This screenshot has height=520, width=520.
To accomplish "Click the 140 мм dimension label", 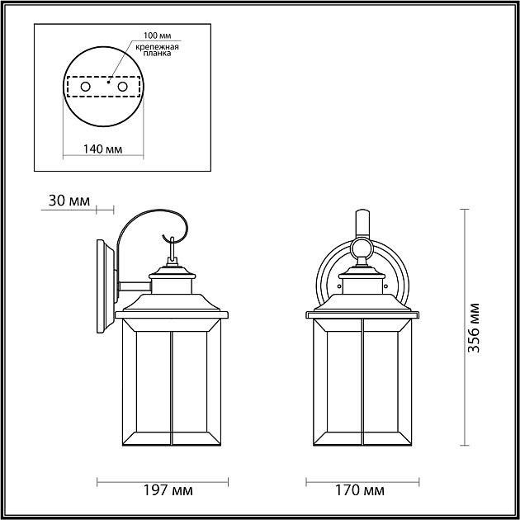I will pyautogui.click(x=103, y=149).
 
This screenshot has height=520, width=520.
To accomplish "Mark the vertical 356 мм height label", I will pyautogui.click(x=473, y=328).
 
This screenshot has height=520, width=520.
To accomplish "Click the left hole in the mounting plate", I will pyautogui.click(x=84, y=86).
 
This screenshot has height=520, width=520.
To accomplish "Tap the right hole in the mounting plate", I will pyautogui.click(x=122, y=86).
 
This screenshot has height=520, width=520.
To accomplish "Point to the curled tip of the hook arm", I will pyautogui.click(x=182, y=229).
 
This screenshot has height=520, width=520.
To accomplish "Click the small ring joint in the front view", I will pyautogui.click(x=361, y=248).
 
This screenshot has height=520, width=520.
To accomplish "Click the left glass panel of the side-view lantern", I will pyautogui.click(x=147, y=384).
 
